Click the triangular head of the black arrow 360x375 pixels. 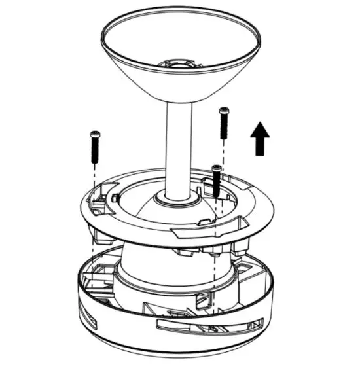(x=261, y=130)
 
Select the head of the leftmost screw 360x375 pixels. (x=94, y=135)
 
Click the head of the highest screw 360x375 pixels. (x=224, y=110)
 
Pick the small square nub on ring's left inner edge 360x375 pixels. (x=115, y=197)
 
